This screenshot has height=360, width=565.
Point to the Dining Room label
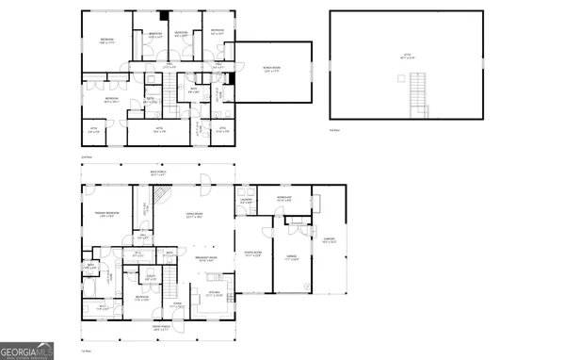(250, 255)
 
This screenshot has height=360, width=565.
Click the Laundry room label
(246, 202)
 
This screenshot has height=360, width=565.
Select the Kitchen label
(214, 295)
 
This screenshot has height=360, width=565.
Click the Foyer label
(175, 304)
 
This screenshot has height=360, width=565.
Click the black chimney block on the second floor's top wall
(165, 14)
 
